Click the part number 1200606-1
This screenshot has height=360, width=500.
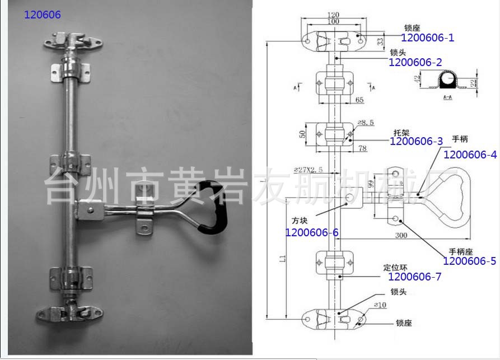pos(427,38)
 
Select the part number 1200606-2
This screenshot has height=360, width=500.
pos(415,63)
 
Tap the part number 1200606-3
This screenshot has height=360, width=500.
pos(416,142)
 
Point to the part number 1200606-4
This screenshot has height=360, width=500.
pos(470,155)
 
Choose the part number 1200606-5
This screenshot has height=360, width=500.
pos(469,261)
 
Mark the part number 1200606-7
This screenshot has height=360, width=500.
pos(415,277)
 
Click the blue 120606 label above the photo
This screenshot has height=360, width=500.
pos(43,16)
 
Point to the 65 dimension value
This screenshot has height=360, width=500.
pos(359,99)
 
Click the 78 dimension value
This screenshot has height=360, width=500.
pos(362,148)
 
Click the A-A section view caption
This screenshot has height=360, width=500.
pos(447,97)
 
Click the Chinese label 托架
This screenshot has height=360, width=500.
pos(401,134)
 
